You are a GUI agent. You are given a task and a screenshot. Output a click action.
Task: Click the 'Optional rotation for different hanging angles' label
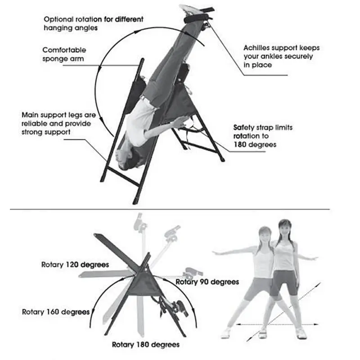pos(94,23)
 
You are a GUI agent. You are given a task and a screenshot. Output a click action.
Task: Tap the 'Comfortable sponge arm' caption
pos(64,54)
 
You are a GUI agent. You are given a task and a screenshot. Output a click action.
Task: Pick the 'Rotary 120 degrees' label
pos(75,265)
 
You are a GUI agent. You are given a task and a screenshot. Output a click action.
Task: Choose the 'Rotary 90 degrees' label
pos(207,282)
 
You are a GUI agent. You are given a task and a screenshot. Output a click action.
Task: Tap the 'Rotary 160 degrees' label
pos(56,312)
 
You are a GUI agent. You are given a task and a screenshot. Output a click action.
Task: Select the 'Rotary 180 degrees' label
pos(146,344)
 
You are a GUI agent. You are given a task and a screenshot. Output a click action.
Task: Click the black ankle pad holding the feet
pos(196,18)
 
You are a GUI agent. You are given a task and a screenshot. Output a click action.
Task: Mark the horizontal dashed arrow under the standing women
pos(278,324)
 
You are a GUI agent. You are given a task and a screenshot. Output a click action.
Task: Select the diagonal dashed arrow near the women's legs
pos(283,312)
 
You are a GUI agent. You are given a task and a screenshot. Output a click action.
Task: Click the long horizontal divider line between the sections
pos(170,209)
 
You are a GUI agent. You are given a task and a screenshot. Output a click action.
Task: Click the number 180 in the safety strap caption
pos(240,144)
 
